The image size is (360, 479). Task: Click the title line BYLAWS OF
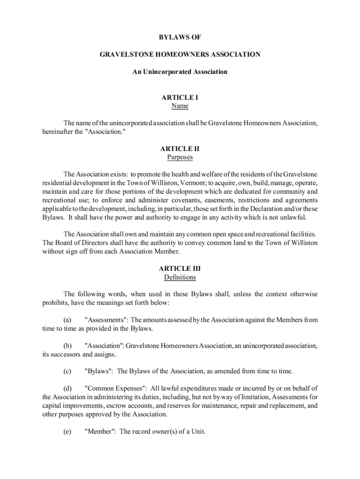(x=180, y=37)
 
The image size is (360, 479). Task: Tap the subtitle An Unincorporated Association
(x=180, y=72)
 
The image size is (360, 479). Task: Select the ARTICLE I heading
(x=180, y=97)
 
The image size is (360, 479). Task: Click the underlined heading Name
(x=180, y=106)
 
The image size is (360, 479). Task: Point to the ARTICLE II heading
(x=180, y=149)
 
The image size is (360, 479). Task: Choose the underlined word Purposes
(x=180, y=157)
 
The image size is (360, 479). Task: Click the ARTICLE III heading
(x=180, y=269)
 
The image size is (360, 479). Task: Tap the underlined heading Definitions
(x=180, y=277)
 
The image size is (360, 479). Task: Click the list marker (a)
(x=67, y=320)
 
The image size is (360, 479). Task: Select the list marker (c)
(x=67, y=371)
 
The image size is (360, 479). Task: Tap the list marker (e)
(x=67, y=431)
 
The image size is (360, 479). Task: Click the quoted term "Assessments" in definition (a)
(x=106, y=320)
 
